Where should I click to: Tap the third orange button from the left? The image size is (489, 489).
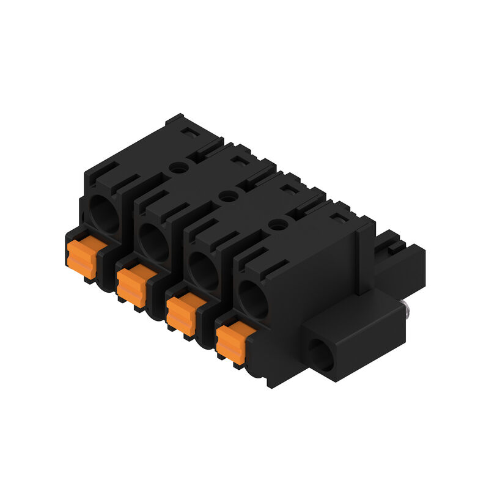point(182,314)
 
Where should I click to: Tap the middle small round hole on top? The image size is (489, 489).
point(228,196)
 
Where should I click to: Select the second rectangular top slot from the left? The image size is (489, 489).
point(240,160)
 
